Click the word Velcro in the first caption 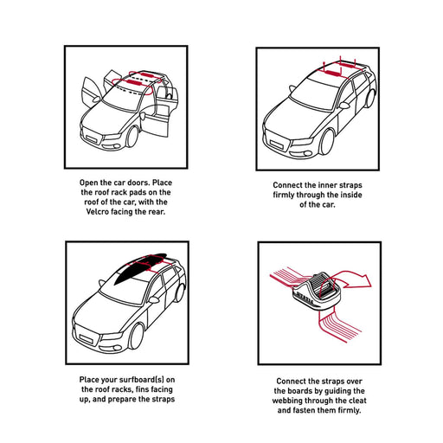pyautogui.click(x=97, y=212)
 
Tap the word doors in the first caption pyautogui.click(x=139, y=183)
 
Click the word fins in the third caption pyautogui.click(x=142, y=389)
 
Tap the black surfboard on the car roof pyautogui.click(x=139, y=269)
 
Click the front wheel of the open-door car pyautogui.click(x=132, y=137)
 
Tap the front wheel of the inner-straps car pyautogui.click(x=327, y=142)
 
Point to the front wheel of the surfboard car pyautogui.click(x=136, y=337)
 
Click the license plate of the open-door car pyautogui.click(x=92, y=139)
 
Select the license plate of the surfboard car pyautogui.click(x=87, y=339)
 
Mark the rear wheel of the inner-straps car pyautogui.click(x=370, y=99)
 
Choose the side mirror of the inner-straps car pyautogui.click(x=344, y=106)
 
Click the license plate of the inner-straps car pyautogui.click(x=278, y=144)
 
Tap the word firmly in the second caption pyautogui.click(x=284, y=195)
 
